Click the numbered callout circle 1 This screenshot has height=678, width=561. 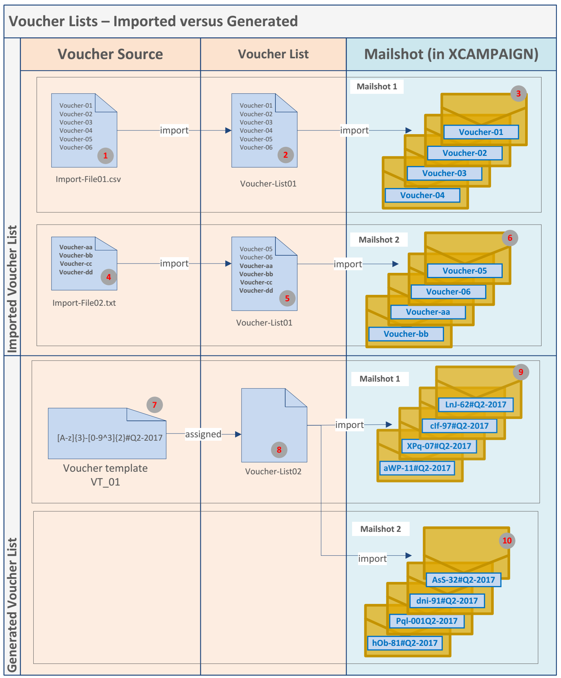(105, 155)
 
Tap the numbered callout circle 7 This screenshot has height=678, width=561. (154, 405)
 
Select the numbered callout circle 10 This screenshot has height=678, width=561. (507, 540)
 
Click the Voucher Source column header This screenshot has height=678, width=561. (110, 54)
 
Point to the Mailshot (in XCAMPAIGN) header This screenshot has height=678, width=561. (451, 54)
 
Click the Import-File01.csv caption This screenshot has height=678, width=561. (88, 179)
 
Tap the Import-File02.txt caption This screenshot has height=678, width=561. (84, 303)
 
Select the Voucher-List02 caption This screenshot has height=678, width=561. (273, 471)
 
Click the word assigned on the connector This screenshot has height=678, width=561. (203, 434)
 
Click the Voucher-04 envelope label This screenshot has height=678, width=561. (422, 195)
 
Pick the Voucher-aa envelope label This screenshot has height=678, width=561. (428, 312)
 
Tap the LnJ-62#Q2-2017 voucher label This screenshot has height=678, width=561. (475, 404)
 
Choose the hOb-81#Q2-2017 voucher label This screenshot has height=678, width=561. (405, 643)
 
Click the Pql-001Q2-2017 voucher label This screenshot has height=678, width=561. (426, 621)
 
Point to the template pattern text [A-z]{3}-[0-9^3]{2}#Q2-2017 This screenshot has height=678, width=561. (110, 438)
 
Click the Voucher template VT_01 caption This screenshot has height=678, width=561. (105, 475)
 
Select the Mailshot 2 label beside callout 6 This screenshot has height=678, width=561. (379, 240)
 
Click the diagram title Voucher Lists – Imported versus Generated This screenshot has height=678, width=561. (153, 21)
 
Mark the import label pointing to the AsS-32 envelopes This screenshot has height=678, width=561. (372, 558)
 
